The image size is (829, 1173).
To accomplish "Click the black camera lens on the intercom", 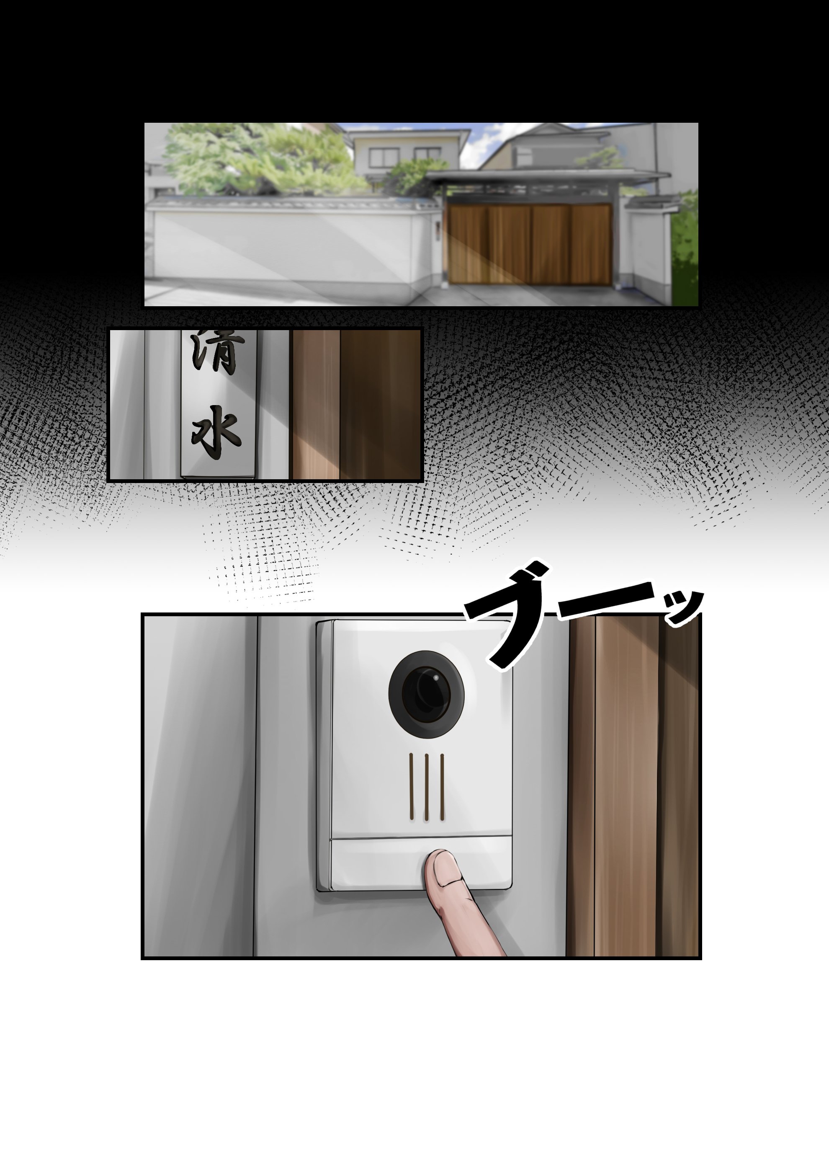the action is (426, 694).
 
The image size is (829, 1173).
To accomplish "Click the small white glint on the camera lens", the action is (436, 678).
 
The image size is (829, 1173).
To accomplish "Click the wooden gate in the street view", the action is (529, 244).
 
